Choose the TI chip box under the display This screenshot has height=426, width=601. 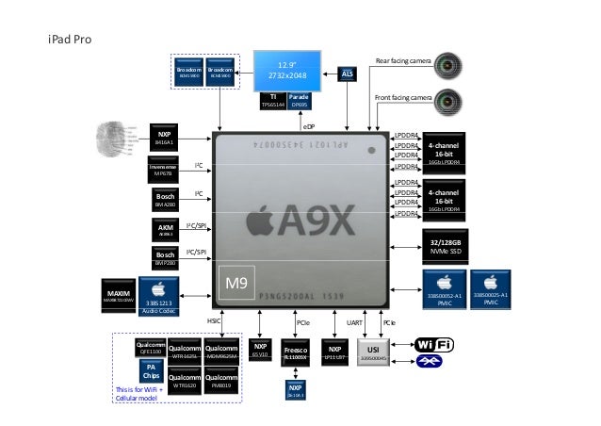[273, 100]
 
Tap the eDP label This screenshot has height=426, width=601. [310, 123]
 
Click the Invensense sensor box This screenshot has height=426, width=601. [164, 170]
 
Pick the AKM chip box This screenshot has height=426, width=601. [164, 229]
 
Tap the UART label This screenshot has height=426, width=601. [354, 322]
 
